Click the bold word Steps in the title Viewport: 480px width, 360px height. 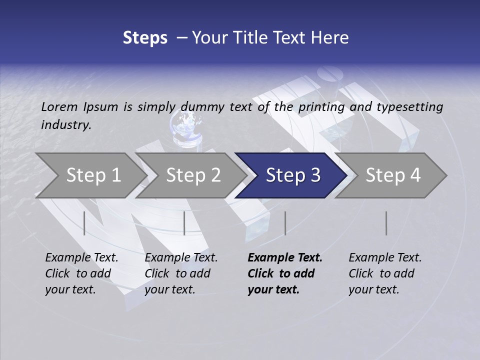pyautogui.click(x=145, y=38)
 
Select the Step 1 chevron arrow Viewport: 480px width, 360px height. pyautogui.click(x=90, y=175)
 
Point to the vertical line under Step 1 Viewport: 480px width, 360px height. pyautogui.click(x=84, y=223)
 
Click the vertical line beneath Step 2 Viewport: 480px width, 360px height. pyautogui.click(x=184, y=223)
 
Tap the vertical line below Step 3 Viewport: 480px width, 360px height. pyautogui.click(x=285, y=223)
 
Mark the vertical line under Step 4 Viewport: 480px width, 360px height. pyautogui.click(x=386, y=223)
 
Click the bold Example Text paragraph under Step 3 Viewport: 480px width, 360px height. pyautogui.click(x=284, y=273)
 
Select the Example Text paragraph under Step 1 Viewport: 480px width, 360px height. pyautogui.click(x=81, y=273)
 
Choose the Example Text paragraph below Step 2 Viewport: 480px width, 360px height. pyautogui.click(x=181, y=273)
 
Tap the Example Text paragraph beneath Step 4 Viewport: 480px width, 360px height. pyautogui.click(x=385, y=273)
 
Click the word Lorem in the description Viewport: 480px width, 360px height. pyautogui.click(x=59, y=106)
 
